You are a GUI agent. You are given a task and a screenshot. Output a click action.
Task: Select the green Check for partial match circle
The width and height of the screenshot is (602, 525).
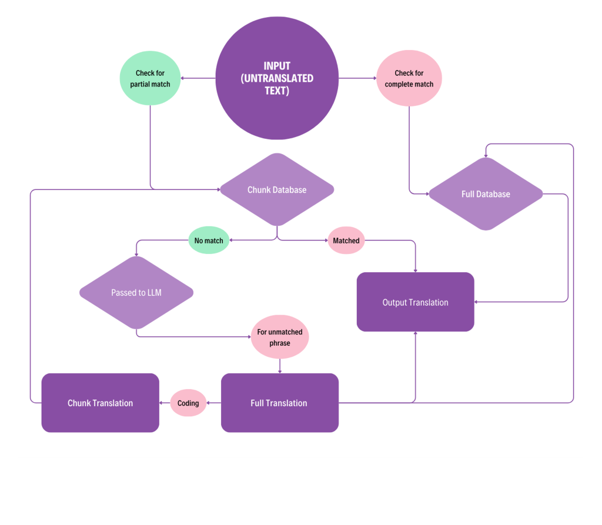click(x=150, y=78)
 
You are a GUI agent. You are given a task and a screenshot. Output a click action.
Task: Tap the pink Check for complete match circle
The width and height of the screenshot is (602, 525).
click(x=409, y=78)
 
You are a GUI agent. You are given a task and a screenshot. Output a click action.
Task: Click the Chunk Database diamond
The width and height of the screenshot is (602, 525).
click(x=277, y=190)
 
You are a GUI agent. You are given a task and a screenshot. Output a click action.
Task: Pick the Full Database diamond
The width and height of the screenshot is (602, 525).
click(x=486, y=194)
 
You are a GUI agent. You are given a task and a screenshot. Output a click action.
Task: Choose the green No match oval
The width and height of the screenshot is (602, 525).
click(x=209, y=240)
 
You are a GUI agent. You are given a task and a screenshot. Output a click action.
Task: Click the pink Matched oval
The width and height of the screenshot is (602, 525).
click(x=346, y=240)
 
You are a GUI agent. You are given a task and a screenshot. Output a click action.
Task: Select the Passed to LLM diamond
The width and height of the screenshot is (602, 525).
click(x=136, y=292)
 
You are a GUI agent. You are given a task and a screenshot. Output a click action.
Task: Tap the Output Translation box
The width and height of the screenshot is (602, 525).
click(x=415, y=302)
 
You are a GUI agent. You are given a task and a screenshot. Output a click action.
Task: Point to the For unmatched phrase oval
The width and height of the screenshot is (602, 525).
click(x=280, y=337)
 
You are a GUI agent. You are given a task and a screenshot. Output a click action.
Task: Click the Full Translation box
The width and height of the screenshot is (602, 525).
click(x=279, y=403)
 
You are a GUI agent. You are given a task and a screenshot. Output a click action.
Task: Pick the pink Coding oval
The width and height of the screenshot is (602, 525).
click(x=188, y=403)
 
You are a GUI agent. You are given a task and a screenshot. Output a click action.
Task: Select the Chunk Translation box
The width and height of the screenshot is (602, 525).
click(x=100, y=403)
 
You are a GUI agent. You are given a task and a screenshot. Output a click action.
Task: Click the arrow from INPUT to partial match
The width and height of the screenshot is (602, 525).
click(x=198, y=78)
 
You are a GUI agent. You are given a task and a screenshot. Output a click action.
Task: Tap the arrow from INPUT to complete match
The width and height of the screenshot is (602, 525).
click(x=357, y=78)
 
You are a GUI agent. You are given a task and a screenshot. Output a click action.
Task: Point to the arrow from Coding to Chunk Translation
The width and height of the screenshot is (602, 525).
click(x=165, y=403)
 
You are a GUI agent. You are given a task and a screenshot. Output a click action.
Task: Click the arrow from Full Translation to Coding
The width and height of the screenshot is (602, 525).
click(x=214, y=403)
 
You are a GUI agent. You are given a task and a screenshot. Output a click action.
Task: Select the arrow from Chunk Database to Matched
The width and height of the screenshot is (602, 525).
click(x=306, y=240)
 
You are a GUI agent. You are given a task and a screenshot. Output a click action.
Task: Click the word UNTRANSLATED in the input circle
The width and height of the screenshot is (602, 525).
click(x=277, y=78)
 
